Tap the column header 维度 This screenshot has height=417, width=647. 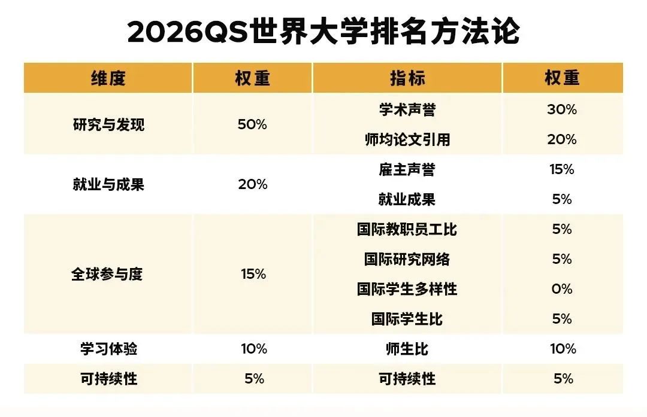click(x=108, y=78)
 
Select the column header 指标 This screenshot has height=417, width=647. click(x=407, y=78)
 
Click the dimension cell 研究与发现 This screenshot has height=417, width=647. click(x=108, y=125)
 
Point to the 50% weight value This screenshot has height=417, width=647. click(x=252, y=125)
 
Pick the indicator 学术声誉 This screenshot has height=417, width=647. click(x=407, y=110)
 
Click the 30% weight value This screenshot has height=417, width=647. click(x=562, y=110)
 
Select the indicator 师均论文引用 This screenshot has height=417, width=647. click(x=407, y=140)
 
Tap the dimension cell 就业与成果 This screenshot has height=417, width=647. click(x=108, y=184)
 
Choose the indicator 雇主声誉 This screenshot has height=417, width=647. click(x=407, y=170)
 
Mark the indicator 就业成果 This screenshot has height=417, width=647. click(x=407, y=200)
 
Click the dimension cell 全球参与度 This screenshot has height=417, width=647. click(x=108, y=275)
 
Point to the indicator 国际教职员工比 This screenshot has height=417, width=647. click(x=407, y=230)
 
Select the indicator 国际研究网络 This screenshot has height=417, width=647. click(x=407, y=260)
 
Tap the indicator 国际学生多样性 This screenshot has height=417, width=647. click(x=407, y=290)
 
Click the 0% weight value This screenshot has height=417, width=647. click(x=562, y=290)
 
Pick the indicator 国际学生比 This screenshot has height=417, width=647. click(x=407, y=319)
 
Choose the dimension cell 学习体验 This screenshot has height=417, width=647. click(x=108, y=349)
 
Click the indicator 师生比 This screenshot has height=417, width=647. click(x=407, y=349)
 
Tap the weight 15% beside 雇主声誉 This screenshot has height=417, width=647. click(x=562, y=170)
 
